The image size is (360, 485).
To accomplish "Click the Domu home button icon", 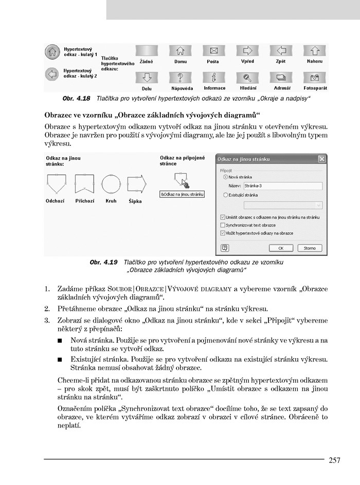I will pos(181,51).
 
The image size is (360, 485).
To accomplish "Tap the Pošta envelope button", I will pos(213,51).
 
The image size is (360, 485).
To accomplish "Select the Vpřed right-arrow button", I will pos(247,51).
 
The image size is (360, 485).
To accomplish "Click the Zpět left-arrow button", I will pos(281,51).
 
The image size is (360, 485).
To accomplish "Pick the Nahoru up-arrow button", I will pos(315,51).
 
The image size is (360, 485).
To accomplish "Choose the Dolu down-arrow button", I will pos(147,78).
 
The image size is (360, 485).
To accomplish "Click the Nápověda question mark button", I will pos(181,78).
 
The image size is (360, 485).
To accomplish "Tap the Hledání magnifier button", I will pos(247,78).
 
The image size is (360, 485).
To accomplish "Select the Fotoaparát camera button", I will pos(315,78).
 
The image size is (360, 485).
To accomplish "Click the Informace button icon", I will pos(213,78).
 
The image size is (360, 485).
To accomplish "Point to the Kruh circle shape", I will pos(111,183).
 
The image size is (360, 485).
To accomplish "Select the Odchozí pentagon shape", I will pos(55,183).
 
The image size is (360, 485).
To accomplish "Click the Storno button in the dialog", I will pos(310,248).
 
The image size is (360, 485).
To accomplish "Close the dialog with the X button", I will pos(322,159).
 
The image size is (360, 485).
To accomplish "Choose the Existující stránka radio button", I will pos(225,195).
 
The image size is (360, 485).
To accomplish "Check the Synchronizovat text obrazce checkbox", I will pos(223,225).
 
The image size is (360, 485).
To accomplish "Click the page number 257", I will pos(334,460).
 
